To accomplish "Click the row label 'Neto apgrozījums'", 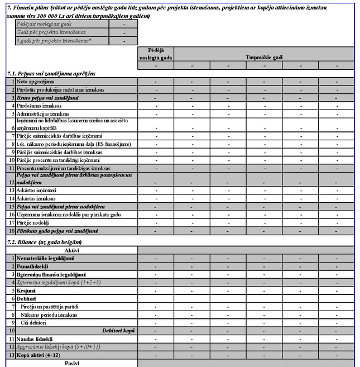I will [35, 82].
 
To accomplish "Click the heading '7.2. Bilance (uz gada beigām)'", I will [44, 242].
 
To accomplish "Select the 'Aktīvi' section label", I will [71, 250].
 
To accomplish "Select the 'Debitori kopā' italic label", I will [119, 331].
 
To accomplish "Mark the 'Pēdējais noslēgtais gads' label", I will [45, 25].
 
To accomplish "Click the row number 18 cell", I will [11, 231].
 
